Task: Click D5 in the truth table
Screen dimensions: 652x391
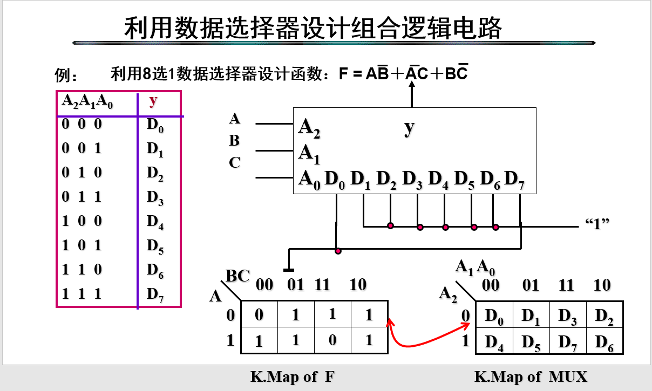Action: (155, 246)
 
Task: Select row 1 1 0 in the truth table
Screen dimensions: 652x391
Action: (82, 270)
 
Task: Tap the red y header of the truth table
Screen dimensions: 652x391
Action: (154, 100)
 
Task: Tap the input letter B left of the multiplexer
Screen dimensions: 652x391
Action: (234, 141)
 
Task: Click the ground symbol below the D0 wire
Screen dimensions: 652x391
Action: (289, 269)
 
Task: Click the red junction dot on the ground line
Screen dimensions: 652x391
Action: (338, 251)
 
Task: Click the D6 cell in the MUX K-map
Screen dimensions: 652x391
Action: (603, 342)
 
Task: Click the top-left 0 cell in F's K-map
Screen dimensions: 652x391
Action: (259, 314)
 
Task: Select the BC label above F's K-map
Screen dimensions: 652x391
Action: (237, 277)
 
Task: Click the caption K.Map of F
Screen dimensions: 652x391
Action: (293, 377)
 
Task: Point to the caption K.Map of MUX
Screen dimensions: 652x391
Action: (531, 377)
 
